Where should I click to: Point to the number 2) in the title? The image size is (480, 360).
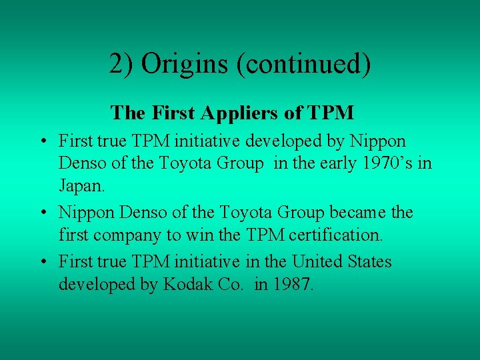[122, 65]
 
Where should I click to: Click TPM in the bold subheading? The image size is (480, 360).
[331, 113]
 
